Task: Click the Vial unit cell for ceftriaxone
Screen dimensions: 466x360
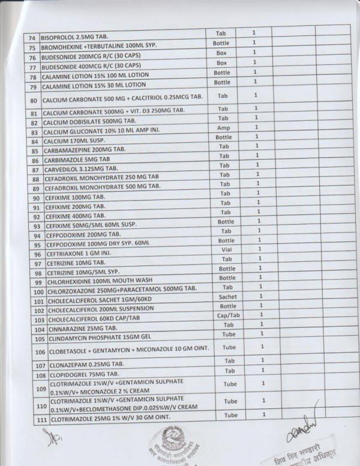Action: tap(223, 249)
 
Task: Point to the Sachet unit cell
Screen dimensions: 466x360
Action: tap(227, 296)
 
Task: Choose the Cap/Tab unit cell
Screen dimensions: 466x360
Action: tap(228, 315)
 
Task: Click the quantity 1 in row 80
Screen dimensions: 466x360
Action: tap(256, 95)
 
